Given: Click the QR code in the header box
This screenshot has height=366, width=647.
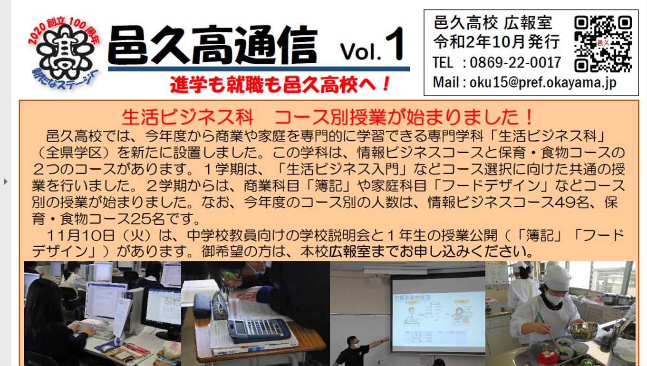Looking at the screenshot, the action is click(603, 44).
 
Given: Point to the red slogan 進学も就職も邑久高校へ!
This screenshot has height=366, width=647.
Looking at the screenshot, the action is click(280, 85).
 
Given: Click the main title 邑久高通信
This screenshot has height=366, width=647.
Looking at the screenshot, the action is click(213, 45).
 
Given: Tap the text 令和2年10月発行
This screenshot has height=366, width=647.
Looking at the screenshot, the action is click(496, 42).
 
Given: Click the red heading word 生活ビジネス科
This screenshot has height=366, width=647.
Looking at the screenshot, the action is click(187, 117).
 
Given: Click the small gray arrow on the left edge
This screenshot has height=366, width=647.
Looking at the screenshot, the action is click(6, 182).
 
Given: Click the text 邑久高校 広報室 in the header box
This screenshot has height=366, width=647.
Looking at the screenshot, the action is click(493, 22).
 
